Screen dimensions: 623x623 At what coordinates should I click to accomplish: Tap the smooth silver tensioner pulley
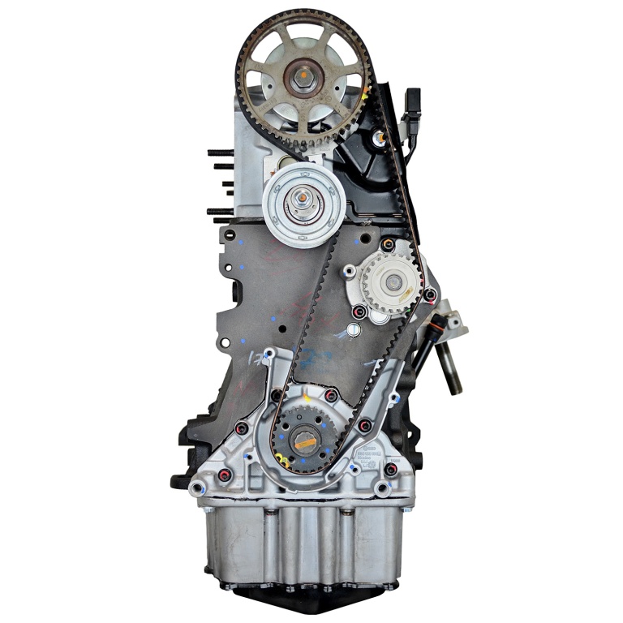tap(304, 203)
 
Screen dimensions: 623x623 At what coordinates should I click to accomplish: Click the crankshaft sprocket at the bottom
tap(304, 438)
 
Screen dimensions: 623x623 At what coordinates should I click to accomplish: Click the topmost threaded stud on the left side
tap(221, 152)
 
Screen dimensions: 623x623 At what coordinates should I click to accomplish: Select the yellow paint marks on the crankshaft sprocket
tap(284, 460)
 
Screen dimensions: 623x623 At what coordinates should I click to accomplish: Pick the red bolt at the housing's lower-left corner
tap(226, 474)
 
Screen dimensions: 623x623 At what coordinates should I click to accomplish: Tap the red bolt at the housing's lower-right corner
tap(390, 470)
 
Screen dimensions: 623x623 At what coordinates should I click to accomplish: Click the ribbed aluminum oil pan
tap(308, 544)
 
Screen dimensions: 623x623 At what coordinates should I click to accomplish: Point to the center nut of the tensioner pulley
tap(303, 196)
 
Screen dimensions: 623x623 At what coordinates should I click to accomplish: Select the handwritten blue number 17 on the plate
tap(254, 357)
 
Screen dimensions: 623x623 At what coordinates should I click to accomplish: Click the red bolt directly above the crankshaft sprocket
tap(331, 395)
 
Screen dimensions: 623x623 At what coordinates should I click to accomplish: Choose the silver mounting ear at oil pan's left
tap(197, 488)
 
